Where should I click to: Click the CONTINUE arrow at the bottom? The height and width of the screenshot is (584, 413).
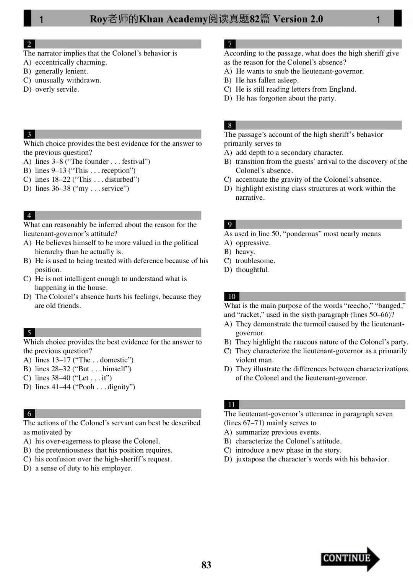tap(350, 558)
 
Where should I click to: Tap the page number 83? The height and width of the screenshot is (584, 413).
tap(206, 565)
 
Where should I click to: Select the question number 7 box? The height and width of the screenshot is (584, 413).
tap(229, 44)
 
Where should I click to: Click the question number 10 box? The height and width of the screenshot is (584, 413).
tap(231, 296)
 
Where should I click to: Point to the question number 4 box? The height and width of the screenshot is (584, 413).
tap(29, 215)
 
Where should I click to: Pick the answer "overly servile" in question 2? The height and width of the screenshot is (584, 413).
tap(57, 89)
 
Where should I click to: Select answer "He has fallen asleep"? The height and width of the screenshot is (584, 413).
tap(267, 80)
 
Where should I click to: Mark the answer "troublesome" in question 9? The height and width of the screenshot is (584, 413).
tap(255, 261)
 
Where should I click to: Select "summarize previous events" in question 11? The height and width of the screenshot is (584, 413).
tap(278, 432)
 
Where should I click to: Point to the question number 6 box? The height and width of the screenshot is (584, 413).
tap(29, 414)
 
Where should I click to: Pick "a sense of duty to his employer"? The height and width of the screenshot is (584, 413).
tap(83, 468)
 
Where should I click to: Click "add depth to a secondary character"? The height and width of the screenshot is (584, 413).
tap(289, 152)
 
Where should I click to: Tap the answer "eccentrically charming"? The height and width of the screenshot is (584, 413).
tap(71, 62)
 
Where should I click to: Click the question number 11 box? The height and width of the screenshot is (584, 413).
tap(231, 404)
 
